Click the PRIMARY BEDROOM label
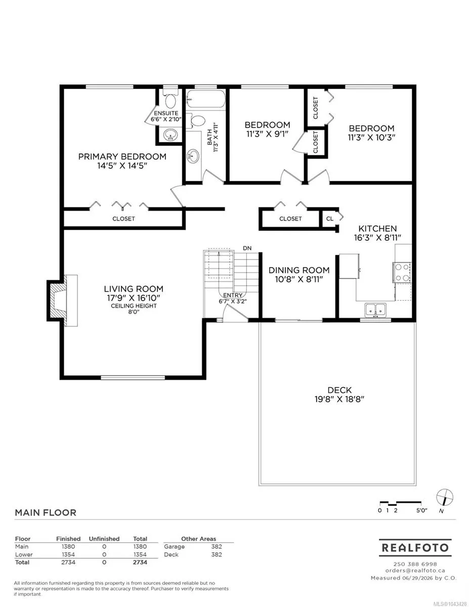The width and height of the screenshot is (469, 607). (122, 156)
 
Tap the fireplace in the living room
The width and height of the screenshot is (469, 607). (62, 300)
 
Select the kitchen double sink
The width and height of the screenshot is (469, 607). (375, 310)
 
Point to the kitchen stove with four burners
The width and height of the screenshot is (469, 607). (402, 272)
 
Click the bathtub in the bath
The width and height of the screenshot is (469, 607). (206, 99)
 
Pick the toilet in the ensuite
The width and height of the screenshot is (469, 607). (170, 99)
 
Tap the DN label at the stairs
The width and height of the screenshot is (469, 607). (247, 248)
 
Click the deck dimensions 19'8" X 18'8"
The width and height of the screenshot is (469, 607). (339, 399)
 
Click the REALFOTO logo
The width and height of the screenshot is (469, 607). (415, 548)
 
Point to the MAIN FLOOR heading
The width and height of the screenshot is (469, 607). (46, 512)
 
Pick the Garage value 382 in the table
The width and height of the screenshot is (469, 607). (217, 546)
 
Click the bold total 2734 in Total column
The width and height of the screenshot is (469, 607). (140, 562)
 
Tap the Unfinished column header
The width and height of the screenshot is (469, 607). (104, 539)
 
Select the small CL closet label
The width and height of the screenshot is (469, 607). (329, 219)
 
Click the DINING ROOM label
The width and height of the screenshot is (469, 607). (299, 270)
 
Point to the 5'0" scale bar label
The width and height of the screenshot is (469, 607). (422, 510)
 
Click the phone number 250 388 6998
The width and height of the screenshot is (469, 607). (415, 565)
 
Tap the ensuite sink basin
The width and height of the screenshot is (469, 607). (170, 135)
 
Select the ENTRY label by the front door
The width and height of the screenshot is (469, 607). (233, 295)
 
